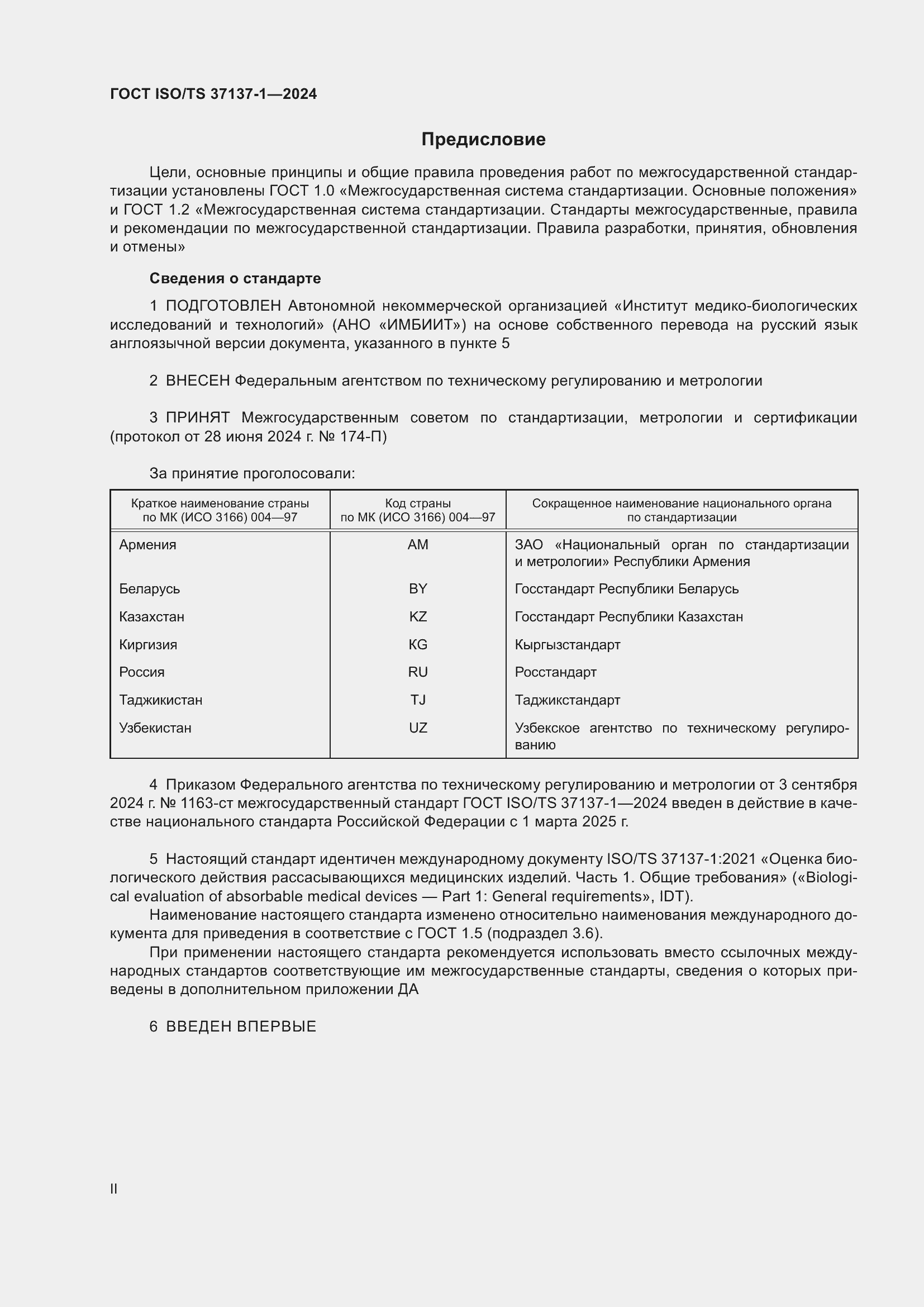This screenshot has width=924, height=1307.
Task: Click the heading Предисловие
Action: (483, 140)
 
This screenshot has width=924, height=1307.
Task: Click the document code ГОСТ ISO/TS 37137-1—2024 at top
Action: (213, 94)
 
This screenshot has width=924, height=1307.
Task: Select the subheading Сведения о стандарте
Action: (235, 278)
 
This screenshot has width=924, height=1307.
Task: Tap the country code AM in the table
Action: (418, 545)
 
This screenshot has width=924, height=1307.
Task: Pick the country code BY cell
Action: (418, 588)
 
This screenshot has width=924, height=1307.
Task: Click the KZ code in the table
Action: (418, 616)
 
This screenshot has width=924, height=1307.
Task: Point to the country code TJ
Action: (418, 700)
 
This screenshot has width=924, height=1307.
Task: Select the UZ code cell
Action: (418, 728)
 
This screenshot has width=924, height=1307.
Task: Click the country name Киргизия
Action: (148, 644)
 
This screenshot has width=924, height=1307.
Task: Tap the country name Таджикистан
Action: (160, 700)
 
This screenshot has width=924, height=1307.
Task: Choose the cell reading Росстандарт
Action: (555, 672)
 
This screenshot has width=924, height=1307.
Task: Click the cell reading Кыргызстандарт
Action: (567, 644)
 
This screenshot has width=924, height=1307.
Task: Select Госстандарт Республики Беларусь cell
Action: (626, 588)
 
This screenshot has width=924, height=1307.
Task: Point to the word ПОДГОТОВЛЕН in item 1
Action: (223, 306)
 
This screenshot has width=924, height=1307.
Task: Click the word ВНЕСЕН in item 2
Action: (197, 381)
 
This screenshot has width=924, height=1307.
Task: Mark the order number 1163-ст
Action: (207, 803)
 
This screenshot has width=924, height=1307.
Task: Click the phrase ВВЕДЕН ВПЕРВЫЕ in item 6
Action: (241, 1026)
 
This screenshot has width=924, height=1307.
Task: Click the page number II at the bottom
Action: (114, 1185)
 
